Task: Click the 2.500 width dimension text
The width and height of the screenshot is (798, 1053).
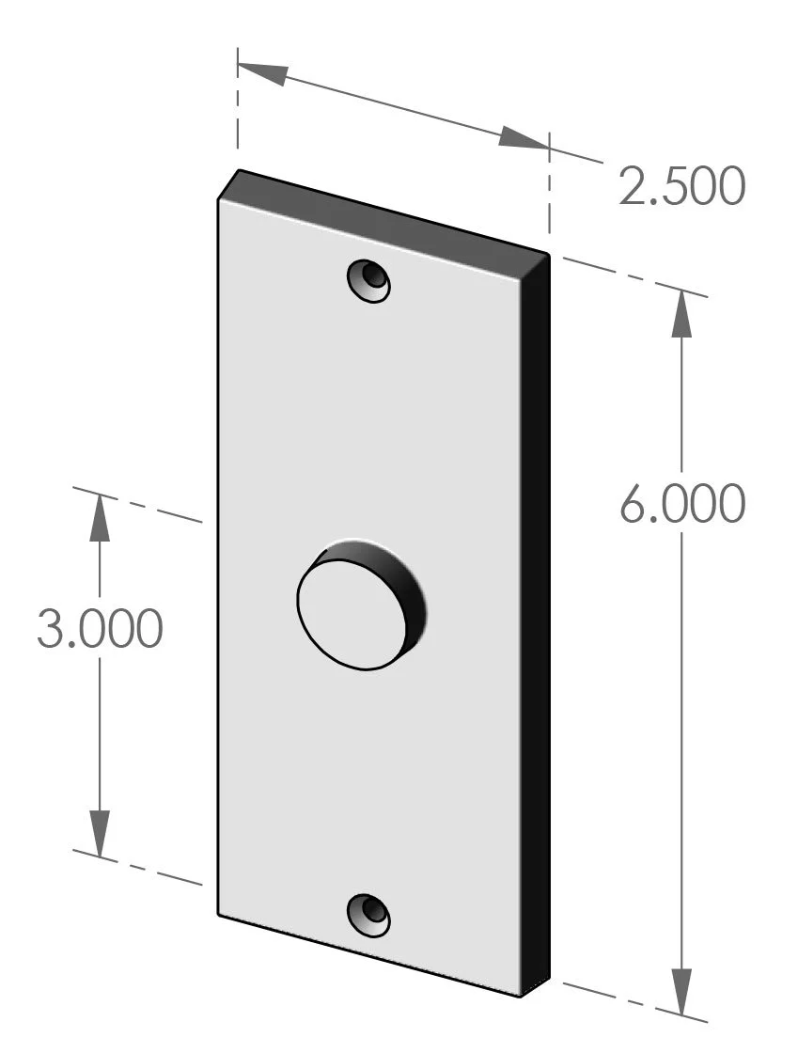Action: click(681, 187)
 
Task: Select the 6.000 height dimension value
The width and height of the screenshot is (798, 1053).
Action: click(681, 505)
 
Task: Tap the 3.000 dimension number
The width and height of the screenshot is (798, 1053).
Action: click(100, 629)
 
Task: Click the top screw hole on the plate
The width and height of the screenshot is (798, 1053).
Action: click(368, 280)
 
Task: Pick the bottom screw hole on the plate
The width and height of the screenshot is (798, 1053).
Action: click(368, 915)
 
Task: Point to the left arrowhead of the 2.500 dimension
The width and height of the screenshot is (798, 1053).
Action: click(262, 72)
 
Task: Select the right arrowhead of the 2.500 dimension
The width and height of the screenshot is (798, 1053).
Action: click(523, 137)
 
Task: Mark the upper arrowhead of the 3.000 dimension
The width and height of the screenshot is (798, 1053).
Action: click(100, 516)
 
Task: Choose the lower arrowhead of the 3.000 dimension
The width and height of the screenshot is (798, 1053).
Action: click(100, 832)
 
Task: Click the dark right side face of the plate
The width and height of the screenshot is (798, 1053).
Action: click(536, 621)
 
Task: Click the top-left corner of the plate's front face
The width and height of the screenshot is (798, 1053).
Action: click(219, 200)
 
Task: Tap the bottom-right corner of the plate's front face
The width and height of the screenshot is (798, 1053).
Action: click(524, 995)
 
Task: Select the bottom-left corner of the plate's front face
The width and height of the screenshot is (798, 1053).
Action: click(219, 914)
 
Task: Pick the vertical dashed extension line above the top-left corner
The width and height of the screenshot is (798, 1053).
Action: click(238, 113)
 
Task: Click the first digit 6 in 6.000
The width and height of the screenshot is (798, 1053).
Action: click(635, 505)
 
